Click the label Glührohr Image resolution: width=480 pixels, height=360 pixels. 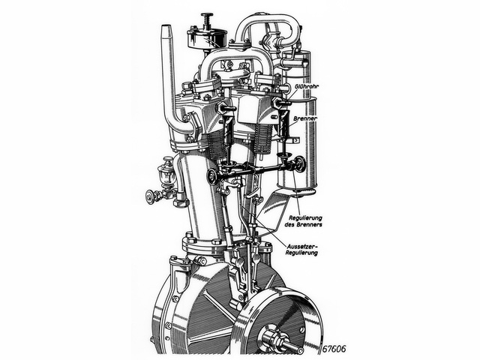tap(307, 87)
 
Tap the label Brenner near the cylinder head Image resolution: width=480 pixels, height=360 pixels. tap(305, 118)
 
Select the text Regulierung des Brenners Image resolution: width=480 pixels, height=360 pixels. tap(306, 221)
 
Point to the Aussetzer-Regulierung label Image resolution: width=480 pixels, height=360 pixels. tap(302, 250)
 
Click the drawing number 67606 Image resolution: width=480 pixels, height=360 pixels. tap(334, 349)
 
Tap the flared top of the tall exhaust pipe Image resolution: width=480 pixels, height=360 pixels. tap(166, 31)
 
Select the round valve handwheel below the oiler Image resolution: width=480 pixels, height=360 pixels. tap(150, 196)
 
